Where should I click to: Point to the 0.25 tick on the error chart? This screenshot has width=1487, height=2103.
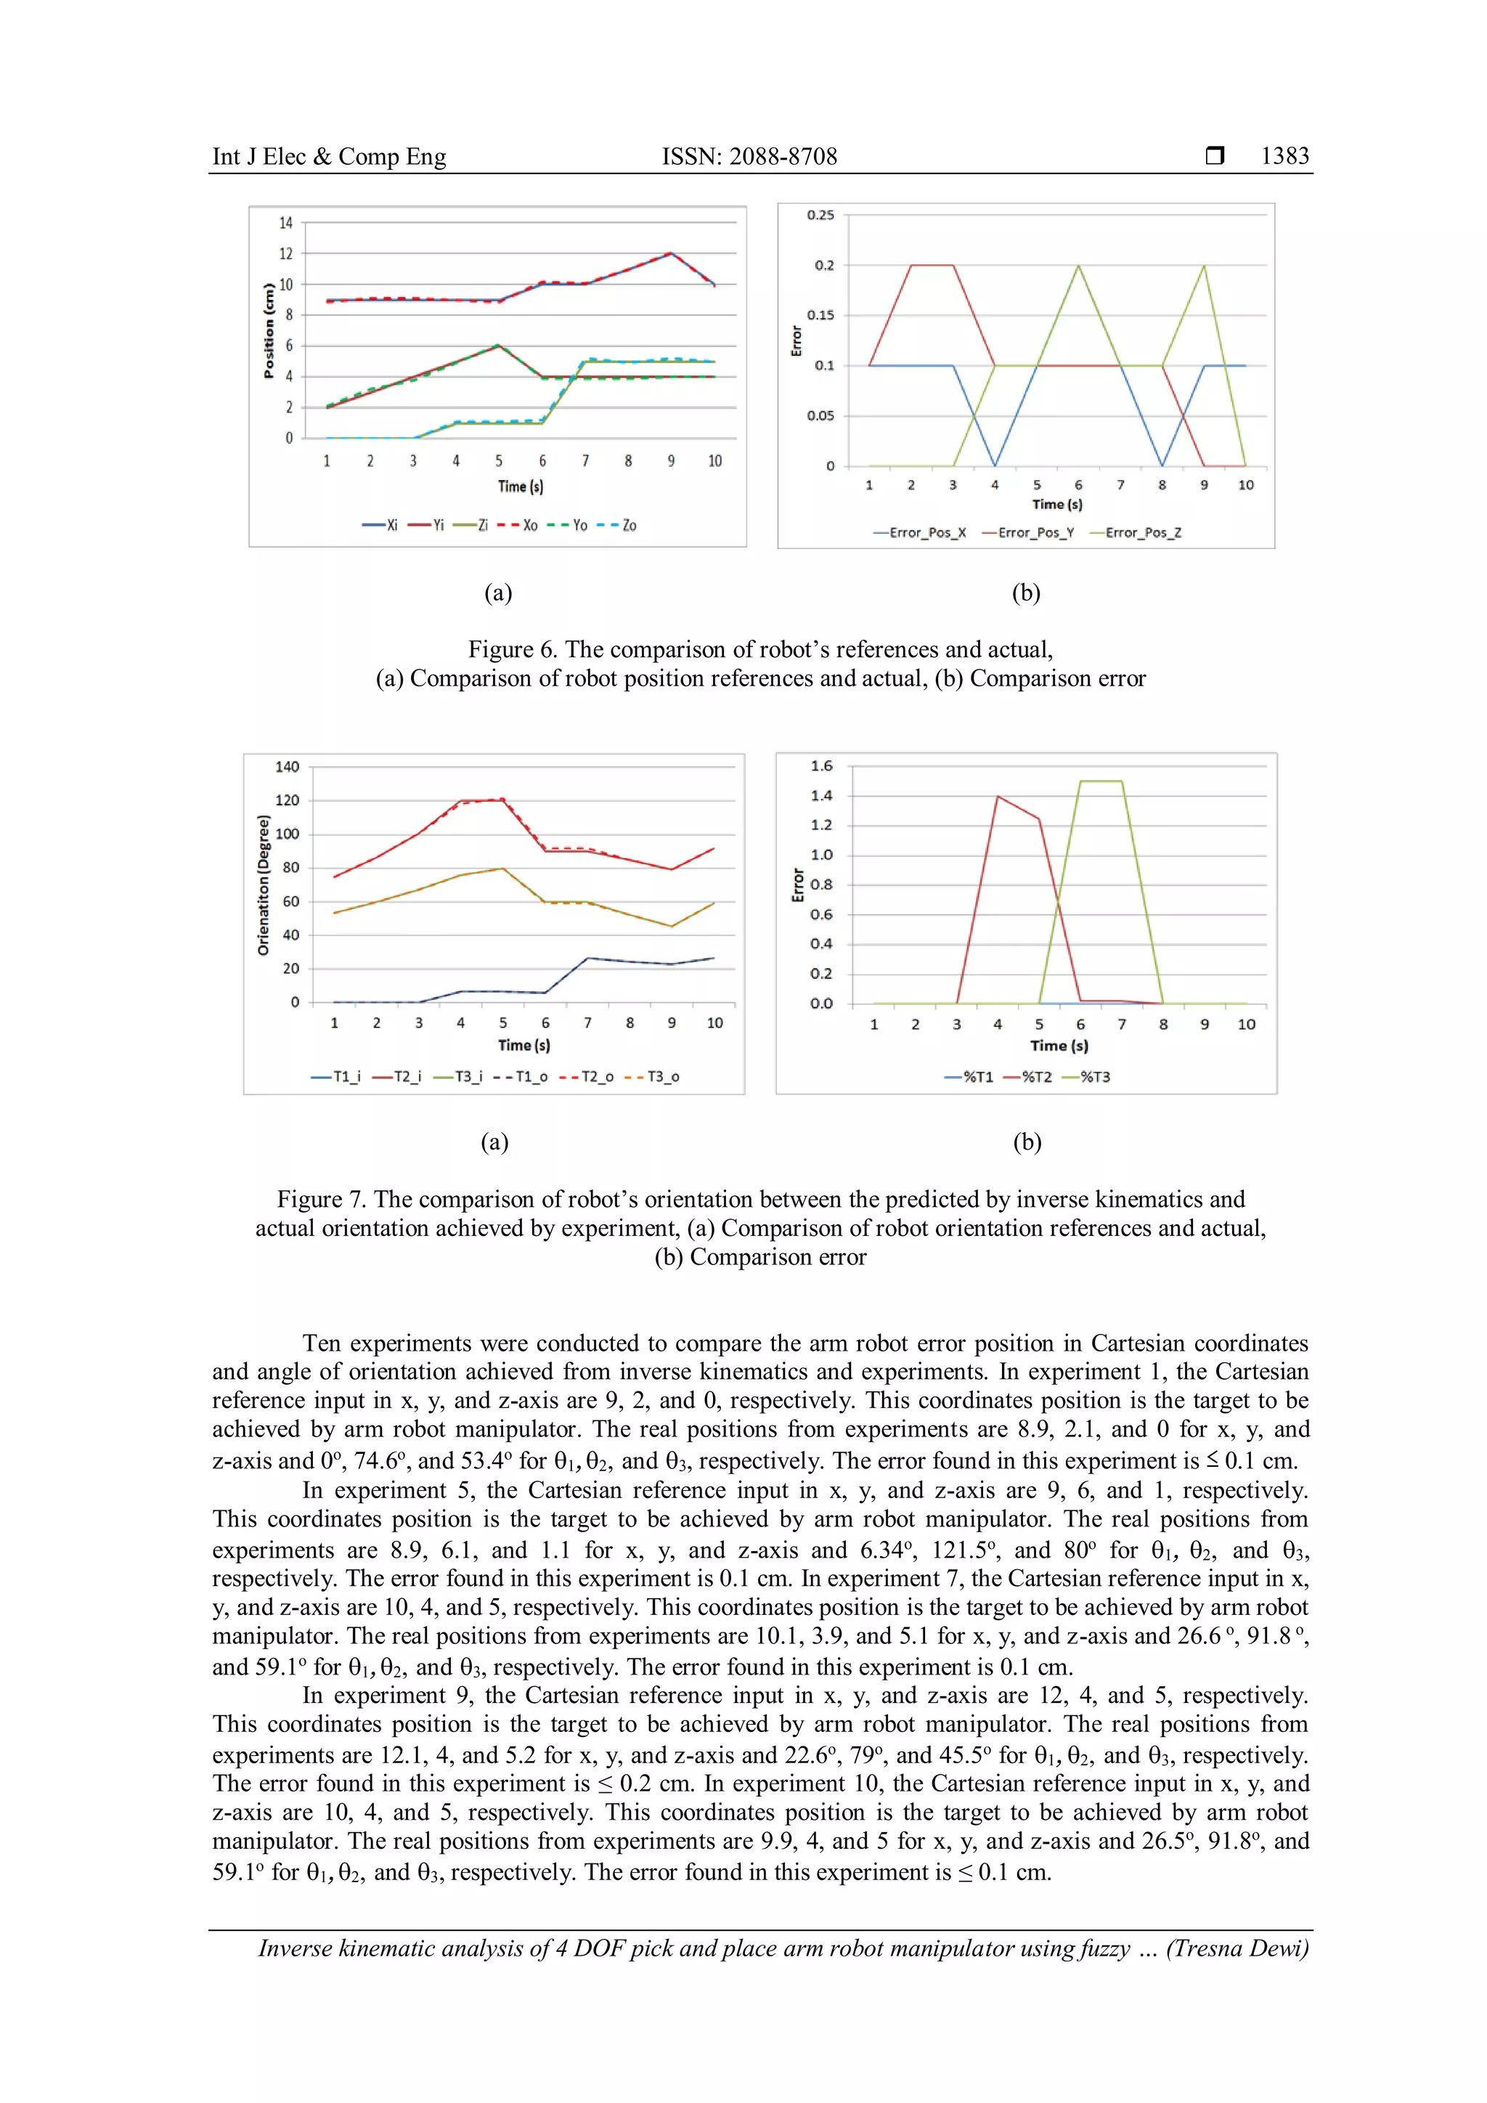(x=820, y=215)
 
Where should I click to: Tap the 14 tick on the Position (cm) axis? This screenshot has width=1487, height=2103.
(x=285, y=223)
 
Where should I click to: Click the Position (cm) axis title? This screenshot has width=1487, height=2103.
(x=268, y=330)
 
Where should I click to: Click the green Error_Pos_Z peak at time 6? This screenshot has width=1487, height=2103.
(x=1079, y=266)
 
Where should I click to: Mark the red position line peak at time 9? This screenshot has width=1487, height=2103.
(x=671, y=253)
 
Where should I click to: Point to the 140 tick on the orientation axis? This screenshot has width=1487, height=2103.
(x=287, y=767)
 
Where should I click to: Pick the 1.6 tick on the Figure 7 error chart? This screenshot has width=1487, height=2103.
(x=821, y=765)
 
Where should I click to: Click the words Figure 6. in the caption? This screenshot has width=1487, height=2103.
(x=512, y=649)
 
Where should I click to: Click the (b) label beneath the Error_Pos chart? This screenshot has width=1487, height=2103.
(x=1025, y=593)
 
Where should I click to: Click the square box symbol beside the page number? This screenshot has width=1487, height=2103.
(x=1214, y=155)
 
